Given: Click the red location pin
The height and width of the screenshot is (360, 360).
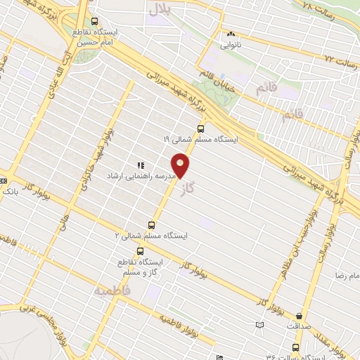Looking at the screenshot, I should (181, 167).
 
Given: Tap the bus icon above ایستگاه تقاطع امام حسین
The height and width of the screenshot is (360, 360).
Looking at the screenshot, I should (96, 21).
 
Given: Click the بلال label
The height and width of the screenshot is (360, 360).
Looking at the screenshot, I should (160, 9).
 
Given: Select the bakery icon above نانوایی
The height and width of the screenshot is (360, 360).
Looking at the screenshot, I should (230, 33).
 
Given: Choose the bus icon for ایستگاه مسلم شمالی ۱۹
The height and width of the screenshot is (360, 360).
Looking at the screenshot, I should (201, 129).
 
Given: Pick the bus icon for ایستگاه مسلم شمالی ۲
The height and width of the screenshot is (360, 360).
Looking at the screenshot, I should (151, 226).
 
